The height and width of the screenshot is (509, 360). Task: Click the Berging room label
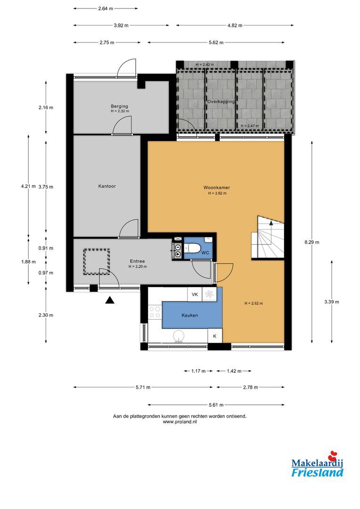click(120, 106)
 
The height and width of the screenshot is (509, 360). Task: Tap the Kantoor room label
click(107, 186)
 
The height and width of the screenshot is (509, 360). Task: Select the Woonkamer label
click(217, 188)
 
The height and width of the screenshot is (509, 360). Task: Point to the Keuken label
click(189, 315)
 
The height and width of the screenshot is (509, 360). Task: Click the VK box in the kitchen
click(195, 295)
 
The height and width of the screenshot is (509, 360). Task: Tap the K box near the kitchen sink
click(215, 336)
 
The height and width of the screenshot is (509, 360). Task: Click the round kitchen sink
click(178, 336)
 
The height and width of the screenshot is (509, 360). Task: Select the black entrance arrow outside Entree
click(110, 300)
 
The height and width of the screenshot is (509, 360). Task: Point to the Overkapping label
click(221, 102)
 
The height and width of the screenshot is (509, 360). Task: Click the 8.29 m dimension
click(312, 242)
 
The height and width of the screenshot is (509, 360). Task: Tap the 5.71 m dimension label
click(143, 387)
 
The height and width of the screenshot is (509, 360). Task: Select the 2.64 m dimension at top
click(106, 9)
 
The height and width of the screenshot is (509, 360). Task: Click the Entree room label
click(137, 261)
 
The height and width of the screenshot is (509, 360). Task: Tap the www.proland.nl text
click(180, 422)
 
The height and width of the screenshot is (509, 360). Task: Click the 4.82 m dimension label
click(235, 25)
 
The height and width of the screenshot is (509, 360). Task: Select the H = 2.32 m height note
click(120, 111)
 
